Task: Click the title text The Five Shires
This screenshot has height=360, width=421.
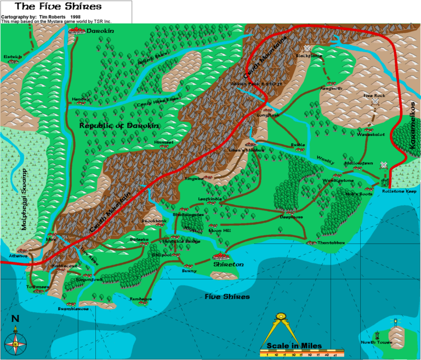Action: click(x=50, y=7)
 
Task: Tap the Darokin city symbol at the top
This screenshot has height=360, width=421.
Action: click(x=75, y=31)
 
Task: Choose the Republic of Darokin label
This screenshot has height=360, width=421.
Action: click(x=119, y=125)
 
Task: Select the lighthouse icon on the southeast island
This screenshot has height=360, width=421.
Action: click(x=394, y=323)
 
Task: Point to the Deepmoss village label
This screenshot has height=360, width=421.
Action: click(x=291, y=217)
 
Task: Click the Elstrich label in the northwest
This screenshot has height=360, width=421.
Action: click(x=12, y=56)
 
